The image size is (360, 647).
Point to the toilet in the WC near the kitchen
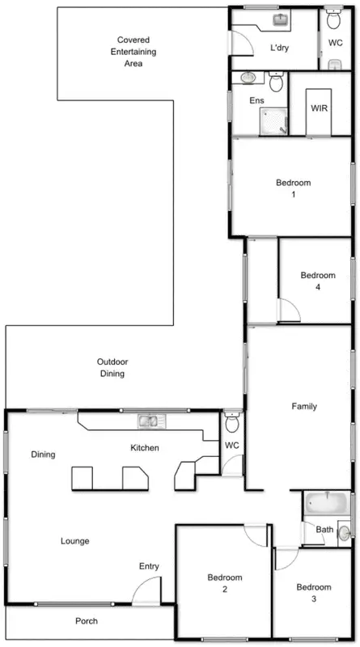(x=232, y=423)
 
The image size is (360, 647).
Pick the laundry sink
(x=281, y=19)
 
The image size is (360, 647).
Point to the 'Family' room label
(x=303, y=407)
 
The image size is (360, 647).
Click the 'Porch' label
(x=87, y=621)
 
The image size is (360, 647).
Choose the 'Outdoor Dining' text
(x=113, y=368)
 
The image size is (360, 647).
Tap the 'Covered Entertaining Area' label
(x=133, y=51)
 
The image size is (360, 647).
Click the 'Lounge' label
(x=74, y=541)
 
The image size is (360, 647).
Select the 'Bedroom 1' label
(x=293, y=188)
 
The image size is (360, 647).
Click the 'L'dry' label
(x=280, y=48)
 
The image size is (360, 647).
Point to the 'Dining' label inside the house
(x=43, y=455)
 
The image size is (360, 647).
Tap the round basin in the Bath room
(x=343, y=532)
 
